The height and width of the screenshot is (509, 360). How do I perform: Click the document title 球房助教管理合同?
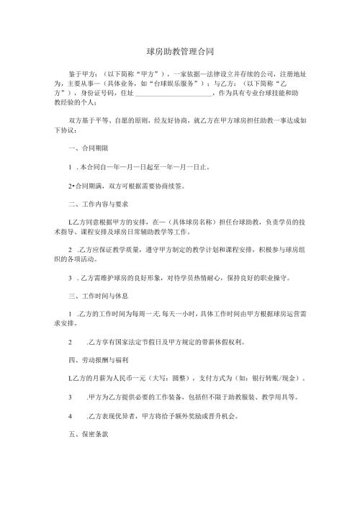click(x=179, y=53)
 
